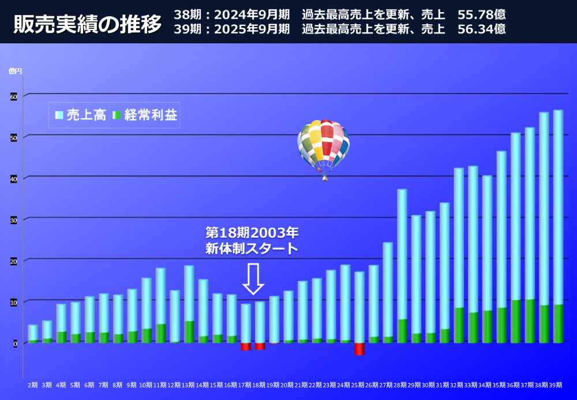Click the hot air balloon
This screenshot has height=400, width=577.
(x=323, y=147)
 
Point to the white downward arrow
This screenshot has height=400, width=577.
(x=253, y=279)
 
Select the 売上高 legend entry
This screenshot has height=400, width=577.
(x=80, y=115)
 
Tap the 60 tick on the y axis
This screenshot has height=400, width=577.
(x=14, y=96)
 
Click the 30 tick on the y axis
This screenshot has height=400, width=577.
(x=14, y=220)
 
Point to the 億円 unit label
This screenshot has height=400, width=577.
(x=15, y=71)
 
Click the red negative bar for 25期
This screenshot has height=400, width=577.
(x=359, y=349)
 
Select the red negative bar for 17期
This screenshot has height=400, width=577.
(x=246, y=346)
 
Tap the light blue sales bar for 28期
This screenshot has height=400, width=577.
(x=402, y=254)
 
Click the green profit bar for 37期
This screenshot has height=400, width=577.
(x=530, y=321)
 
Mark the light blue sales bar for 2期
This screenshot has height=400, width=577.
(x=33, y=332)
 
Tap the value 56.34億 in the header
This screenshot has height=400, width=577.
(x=481, y=29)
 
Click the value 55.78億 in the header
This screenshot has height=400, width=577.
(x=481, y=13)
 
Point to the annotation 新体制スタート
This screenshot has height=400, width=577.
(x=252, y=249)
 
